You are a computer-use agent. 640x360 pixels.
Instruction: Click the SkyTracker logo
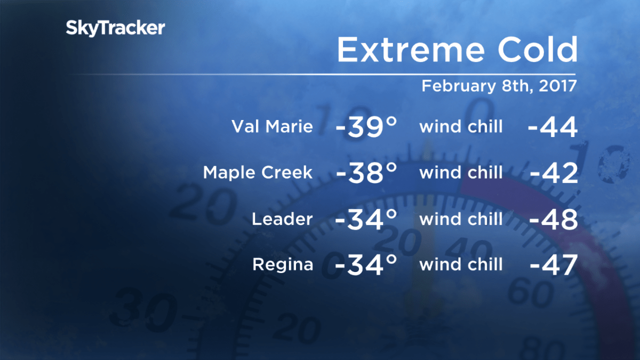point(115,28)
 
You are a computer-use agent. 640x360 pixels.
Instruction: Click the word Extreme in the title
point(411,50)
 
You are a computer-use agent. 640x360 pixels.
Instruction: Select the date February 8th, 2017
point(499,86)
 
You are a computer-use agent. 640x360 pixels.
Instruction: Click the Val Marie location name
point(273,126)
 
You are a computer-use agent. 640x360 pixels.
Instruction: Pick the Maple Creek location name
point(258,173)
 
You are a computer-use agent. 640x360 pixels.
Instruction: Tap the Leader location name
point(282,219)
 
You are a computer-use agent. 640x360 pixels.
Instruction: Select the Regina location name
point(283,265)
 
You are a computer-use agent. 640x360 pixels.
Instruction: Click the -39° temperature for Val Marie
point(366,126)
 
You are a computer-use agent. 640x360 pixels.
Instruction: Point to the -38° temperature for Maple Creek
point(367,173)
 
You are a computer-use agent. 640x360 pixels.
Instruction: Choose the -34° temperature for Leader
point(366,219)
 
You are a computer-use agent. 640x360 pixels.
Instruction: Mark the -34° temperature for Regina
point(366,265)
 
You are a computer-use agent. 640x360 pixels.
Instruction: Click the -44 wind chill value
point(553,127)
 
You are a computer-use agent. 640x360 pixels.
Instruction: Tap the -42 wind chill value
point(554,173)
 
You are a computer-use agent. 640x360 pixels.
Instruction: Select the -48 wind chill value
point(554,219)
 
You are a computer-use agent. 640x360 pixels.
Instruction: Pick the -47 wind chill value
point(554,265)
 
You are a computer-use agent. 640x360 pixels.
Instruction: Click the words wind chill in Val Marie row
point(461,126)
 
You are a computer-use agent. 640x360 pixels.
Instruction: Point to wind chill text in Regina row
point(461,265)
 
